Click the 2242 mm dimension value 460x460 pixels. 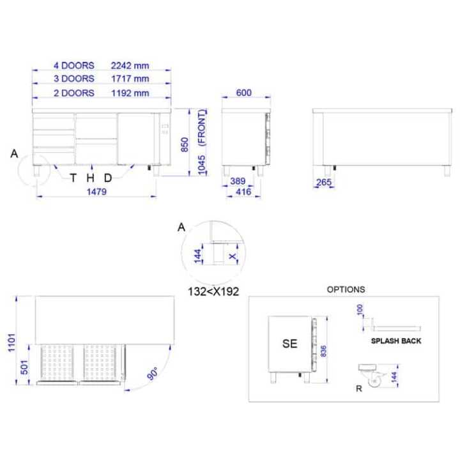click(130, 65)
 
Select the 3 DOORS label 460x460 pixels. click(74, 79)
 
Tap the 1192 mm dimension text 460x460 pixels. click(130, 93)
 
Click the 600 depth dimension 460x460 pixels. click(244, 93)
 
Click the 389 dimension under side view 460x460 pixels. click(238, 181)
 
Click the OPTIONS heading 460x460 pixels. click(346, 289)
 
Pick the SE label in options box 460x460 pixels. click(289, 344)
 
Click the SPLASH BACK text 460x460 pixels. click(396, 341)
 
